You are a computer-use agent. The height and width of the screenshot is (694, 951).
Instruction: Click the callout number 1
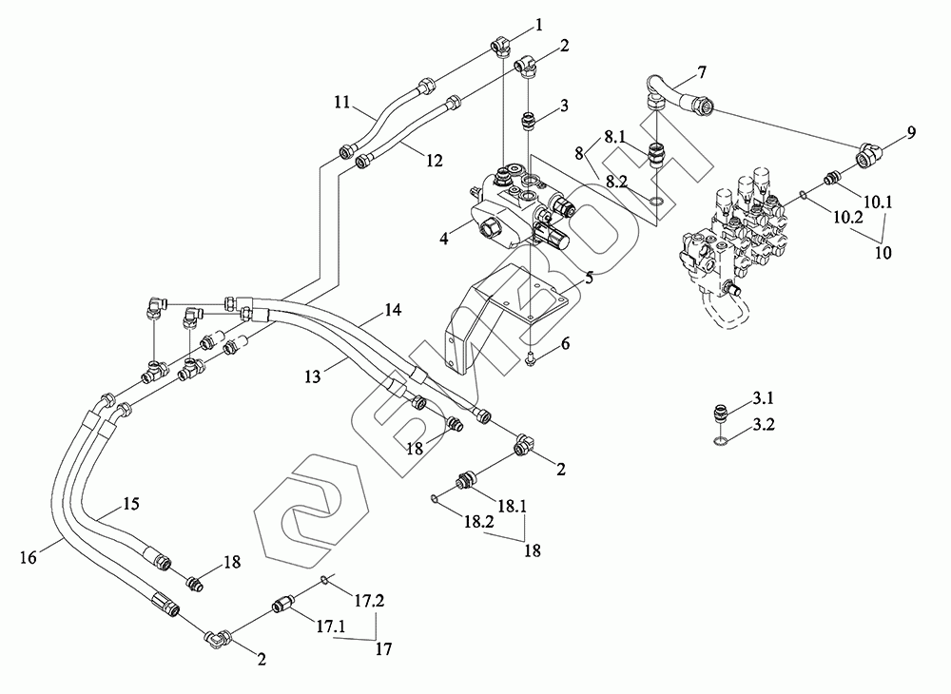click(538, 26)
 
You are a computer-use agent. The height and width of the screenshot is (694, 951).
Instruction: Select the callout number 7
click(702, 73)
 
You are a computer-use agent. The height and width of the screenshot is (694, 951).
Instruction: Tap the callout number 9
click(912, 132)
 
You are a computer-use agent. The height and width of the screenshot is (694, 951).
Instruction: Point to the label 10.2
click(848, 218)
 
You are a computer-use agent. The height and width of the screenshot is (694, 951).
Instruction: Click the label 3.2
click(764, 425)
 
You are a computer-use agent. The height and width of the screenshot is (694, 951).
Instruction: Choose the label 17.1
click(331, 627)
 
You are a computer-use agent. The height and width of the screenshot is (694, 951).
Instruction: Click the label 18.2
click(479, 522)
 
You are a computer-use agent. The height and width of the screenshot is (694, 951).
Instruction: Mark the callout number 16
click(28, 557)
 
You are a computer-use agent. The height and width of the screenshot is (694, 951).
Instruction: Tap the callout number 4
click(444, 239)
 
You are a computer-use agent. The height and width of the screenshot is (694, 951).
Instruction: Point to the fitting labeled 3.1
click(719, 415)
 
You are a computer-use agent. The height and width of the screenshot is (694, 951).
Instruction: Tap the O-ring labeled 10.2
click(803, 195)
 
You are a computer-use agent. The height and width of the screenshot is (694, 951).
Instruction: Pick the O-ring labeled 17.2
click(324, 580)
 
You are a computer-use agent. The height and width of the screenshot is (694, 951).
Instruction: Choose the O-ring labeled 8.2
click(655, 200)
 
